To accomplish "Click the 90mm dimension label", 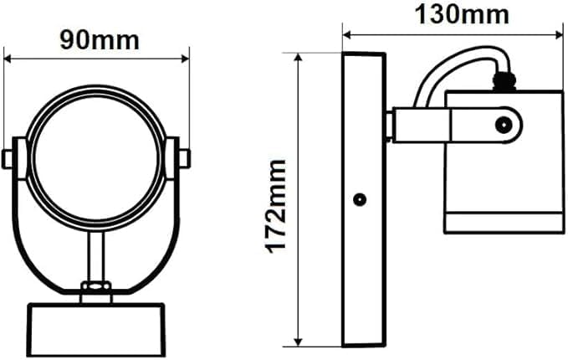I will [99, 39].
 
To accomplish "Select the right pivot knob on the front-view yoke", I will [184, 157].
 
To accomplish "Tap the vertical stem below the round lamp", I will [96, 255].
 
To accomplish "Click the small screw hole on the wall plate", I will [360, 199].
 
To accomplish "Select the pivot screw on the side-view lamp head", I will [503, 126].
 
